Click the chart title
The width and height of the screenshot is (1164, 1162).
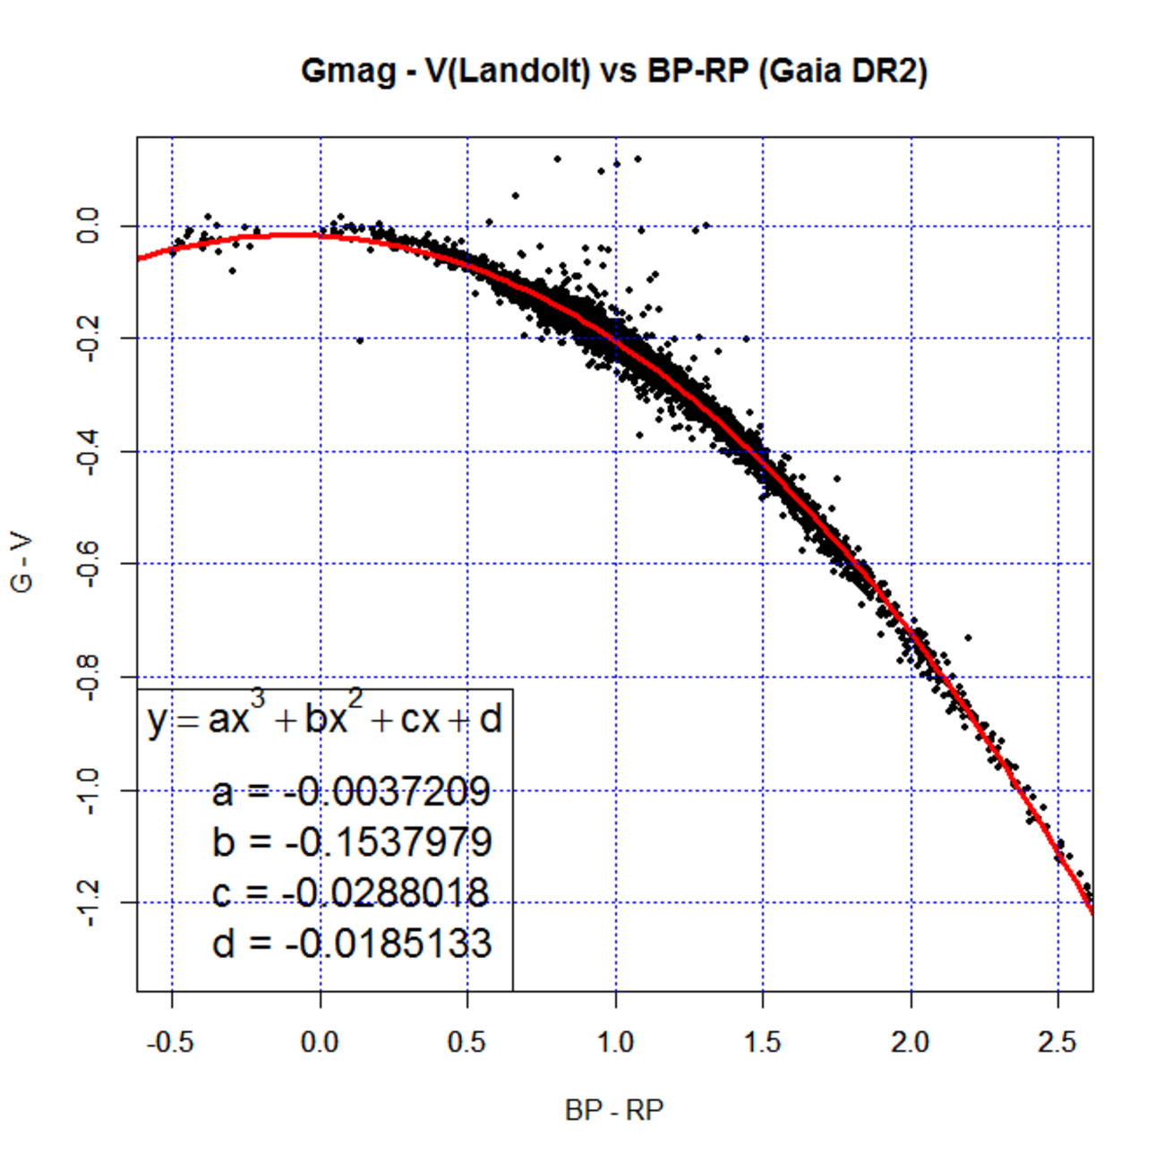click(x=613, y=71)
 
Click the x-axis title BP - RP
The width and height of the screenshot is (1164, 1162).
click(x=614, y=1110)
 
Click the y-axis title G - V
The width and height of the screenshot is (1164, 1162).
click(x=22, y=564)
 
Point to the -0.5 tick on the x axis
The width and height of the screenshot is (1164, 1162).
click(x=171, y=1043)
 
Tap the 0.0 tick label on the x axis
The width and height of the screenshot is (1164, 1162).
click(x=320, y=1043)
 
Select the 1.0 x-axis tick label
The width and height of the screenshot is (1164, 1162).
click(x=615, y=1043)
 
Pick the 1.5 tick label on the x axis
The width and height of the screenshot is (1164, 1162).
click(x=763, y=1043)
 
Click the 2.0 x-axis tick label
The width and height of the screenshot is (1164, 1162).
click(x=911, y=1043)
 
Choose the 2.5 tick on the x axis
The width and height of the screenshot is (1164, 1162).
click(x=1057, y=1043)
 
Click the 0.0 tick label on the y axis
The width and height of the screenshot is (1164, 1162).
click(x=88, y=226)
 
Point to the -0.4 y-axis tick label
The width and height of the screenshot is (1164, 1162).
click(x=88, y=451)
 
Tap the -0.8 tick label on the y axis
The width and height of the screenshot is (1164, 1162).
click(x=88, y=677)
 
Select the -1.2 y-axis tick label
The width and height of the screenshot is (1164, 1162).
click(x=88, y=902)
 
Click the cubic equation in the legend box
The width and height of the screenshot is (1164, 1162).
click(x=324, y=719)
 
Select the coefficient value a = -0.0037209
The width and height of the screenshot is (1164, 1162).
click(x=351, y=791)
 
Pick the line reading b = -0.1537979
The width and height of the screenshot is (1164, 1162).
click(x=351, y=842)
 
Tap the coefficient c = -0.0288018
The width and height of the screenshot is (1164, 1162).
click(x=351, y=893)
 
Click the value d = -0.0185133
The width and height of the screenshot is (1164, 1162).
click(x=351, y=944)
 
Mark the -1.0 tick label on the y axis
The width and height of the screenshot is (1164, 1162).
click(x=88, y=790)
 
